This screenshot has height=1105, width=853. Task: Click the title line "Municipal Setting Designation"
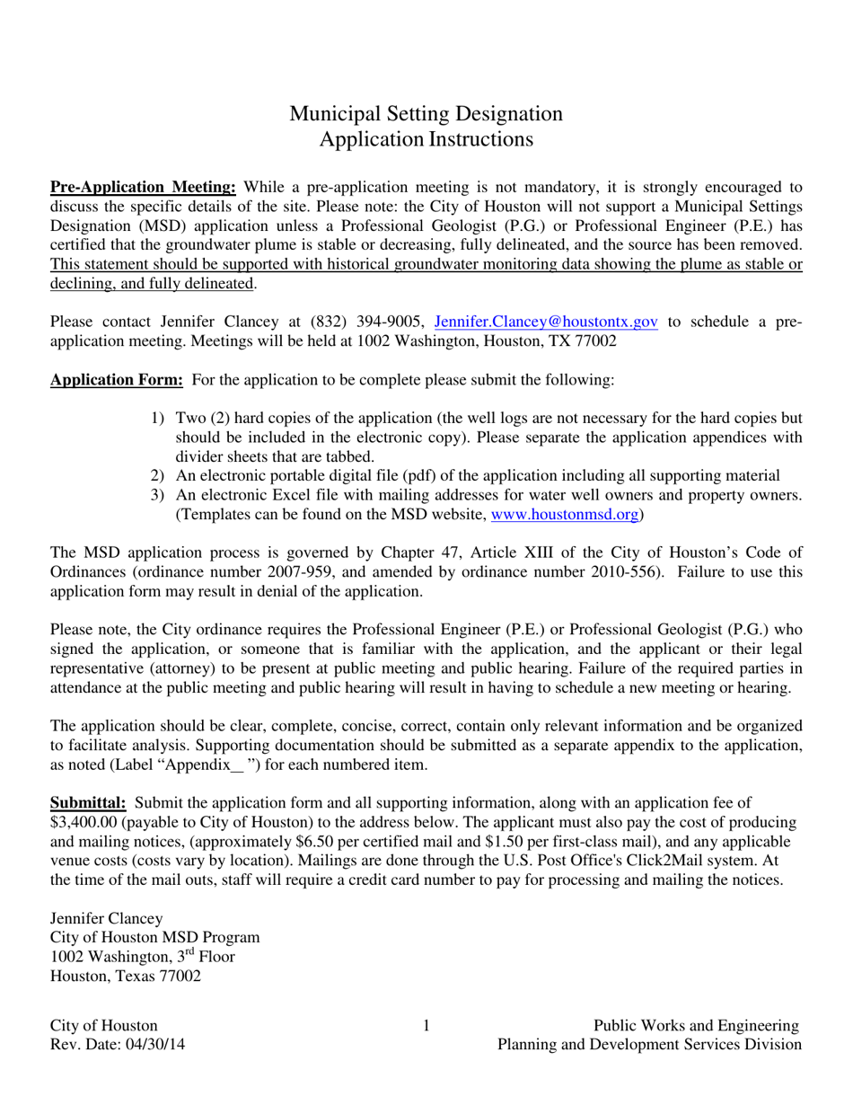coord(426,114)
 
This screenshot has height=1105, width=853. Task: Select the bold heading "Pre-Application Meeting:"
coord(143,188)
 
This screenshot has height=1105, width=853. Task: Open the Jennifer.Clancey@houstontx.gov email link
coord(546,322)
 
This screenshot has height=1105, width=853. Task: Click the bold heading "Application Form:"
coord(117,380)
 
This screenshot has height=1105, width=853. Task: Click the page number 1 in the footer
coord(426,1025)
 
